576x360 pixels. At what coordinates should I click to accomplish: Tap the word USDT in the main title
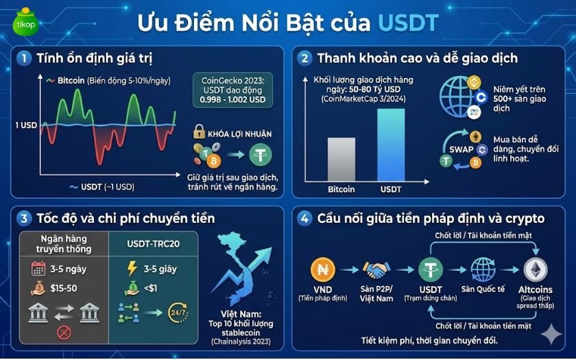tap(407, 23)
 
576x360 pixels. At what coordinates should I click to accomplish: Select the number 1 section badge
tap(25, 59)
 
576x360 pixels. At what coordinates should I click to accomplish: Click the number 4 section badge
tap(303, 219)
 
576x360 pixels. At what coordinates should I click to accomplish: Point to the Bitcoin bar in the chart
tap(341, 160)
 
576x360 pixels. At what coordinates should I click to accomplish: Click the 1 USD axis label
tap(25, 125)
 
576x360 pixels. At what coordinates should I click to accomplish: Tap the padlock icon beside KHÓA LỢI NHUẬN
tap(200, 132)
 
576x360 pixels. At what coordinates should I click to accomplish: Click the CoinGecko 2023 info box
tap(232, 90)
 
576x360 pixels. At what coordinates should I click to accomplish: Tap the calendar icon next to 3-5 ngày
tap(38, 268)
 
